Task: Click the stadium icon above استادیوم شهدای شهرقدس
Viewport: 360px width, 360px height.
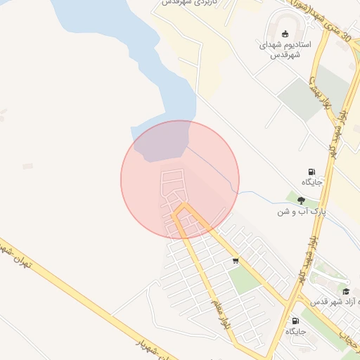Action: click(285, 34)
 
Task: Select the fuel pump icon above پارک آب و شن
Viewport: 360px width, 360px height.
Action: click(311, 172)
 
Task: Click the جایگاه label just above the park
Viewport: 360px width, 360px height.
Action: click(311, 183)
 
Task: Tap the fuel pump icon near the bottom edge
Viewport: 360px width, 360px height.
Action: click(294, 321)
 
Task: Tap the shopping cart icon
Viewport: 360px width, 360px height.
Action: click(236, 261)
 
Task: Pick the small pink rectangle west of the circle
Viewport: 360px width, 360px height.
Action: click(27, 166)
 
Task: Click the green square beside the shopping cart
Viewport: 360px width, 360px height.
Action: click(244, 279)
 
